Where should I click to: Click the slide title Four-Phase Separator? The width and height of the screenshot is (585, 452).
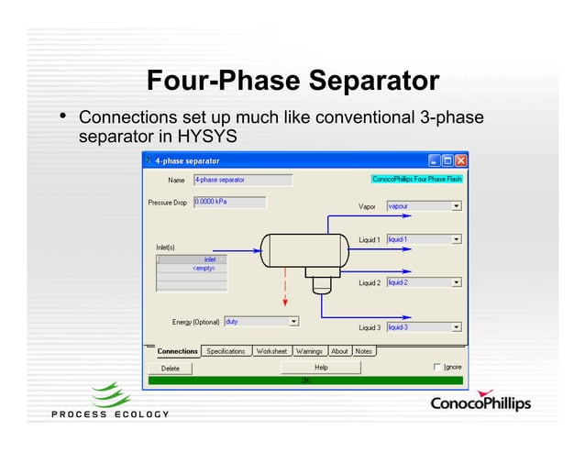point(292,81)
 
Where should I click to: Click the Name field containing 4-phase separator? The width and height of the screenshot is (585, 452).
point(230,181)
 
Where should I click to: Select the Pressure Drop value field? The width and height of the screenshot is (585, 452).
point(229,202)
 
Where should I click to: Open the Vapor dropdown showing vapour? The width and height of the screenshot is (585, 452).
point(424,207)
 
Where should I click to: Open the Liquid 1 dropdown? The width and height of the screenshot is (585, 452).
point(424,240)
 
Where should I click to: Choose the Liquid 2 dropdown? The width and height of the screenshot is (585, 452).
point(424,282)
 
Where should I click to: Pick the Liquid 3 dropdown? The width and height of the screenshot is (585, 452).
point(424,327)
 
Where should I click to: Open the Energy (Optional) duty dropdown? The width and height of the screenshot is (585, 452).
point(261,322)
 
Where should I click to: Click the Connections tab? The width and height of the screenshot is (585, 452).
point(177,351)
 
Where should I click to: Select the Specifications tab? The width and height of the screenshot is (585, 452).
point(226,351)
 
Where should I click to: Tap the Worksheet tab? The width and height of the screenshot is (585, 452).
point(271,351)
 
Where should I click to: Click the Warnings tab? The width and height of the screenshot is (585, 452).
point(309,351)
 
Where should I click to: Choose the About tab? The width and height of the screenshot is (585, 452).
point(339,351)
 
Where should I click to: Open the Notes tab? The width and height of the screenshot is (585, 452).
point(364,351)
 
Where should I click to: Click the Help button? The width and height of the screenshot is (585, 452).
point(321,367)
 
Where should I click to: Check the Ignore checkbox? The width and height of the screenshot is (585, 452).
point(437,367)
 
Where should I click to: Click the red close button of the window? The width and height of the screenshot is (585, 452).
point(461,160)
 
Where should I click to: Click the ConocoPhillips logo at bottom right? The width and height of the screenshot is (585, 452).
point(480,403)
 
